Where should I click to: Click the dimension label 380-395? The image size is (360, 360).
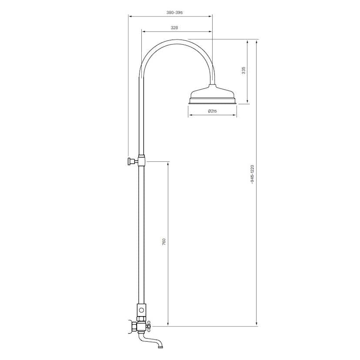coord(174,13)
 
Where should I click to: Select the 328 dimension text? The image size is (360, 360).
coord(174,27)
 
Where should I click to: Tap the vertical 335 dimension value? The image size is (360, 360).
coord(244,70)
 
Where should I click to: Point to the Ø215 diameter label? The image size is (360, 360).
coord(212,111)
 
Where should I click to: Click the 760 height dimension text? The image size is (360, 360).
coord(164,242)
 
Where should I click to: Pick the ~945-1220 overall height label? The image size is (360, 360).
coord(252,174)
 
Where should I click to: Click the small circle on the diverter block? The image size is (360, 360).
coord(141,311)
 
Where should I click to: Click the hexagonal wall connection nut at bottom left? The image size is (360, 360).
coord(132,326)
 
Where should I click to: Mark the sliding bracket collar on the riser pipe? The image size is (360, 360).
coord(141,159)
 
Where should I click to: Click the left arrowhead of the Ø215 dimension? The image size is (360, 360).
coord(190,116)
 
